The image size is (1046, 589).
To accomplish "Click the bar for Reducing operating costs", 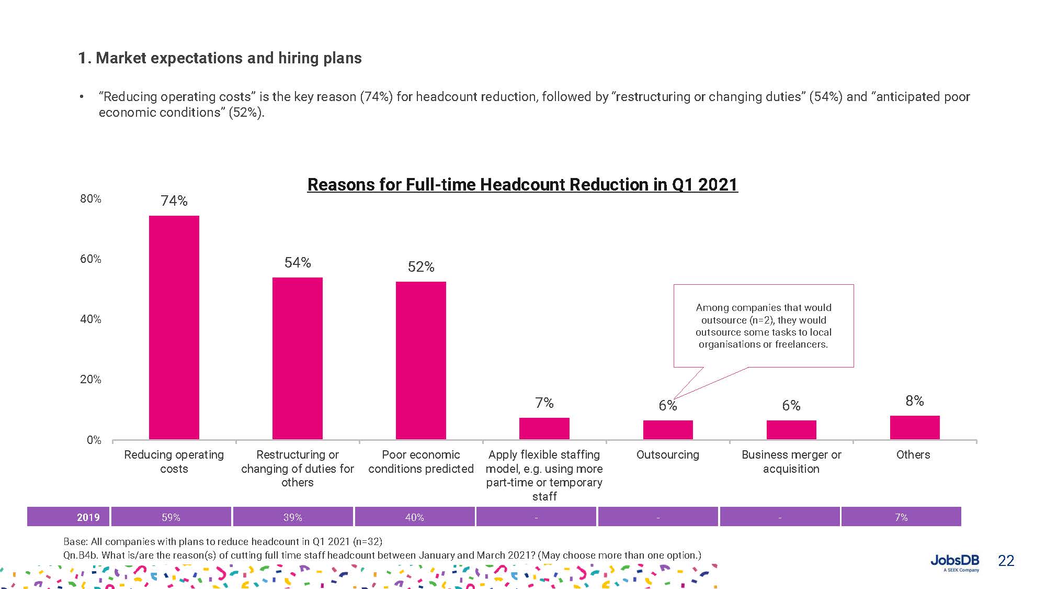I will coord(174,327).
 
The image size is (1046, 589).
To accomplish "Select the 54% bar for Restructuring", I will coord(297,358).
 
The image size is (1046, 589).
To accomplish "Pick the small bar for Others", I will coord(914,427).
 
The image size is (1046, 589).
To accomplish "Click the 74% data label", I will coord(174,201).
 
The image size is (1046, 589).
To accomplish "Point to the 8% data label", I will coord(914,401).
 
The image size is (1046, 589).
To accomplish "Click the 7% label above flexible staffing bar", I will coord(544,403).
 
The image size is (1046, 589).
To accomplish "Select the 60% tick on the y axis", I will coord(90,259).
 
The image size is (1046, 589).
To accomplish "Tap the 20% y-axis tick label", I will coord(90,380).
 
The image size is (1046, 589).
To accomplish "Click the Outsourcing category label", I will coord(667,454).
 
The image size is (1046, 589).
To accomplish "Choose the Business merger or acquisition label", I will coord(791,461).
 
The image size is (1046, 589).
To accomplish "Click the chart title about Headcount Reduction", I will coord(522,185).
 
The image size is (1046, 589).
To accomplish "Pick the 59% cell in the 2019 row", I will coord(171,517).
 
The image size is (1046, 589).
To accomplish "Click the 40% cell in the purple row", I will coord(414,517).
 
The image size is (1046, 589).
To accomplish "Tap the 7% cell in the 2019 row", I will coord(901,517).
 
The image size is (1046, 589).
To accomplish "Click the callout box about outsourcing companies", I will coord(763,326).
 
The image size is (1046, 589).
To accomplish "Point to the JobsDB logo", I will coord(954,562).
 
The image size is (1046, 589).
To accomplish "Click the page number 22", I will coord(1006,561).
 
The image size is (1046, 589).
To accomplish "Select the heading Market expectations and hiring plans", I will coord(220,58).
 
